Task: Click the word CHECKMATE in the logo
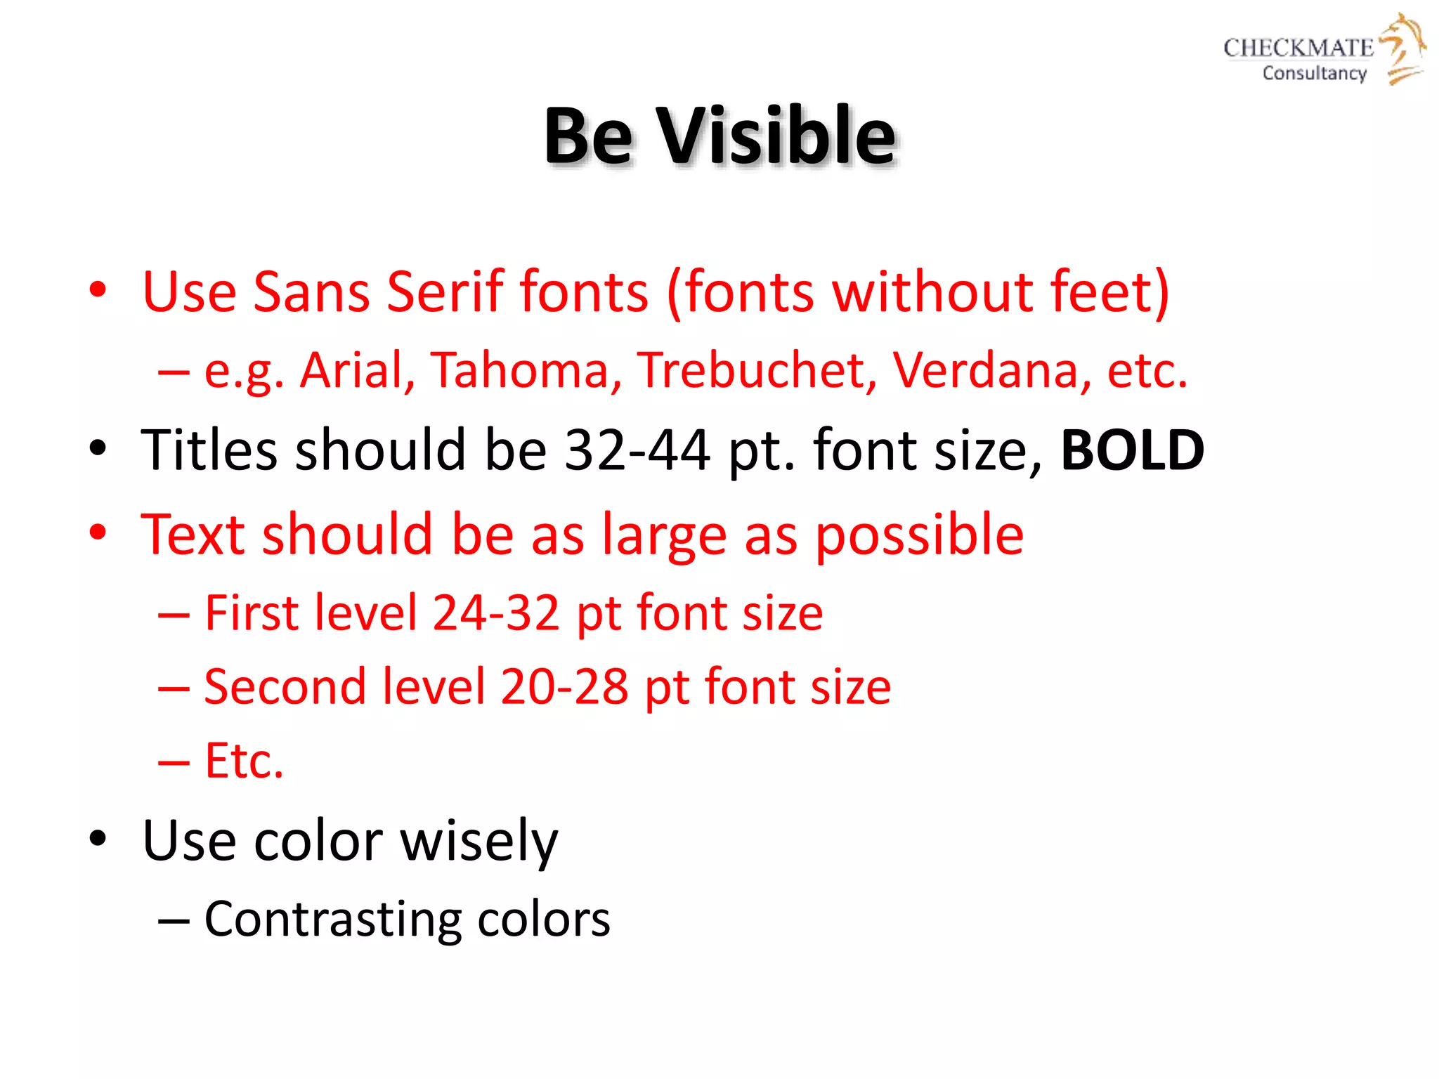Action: [x=1298, y=48]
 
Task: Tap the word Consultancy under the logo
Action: [x=1314, y=73]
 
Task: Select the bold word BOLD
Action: [x=1132, y=450]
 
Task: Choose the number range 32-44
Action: [x=637, y=450]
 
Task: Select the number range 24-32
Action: [x=496, y=613]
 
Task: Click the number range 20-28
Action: [x=564, y=687]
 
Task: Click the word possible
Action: [x=919, y=535]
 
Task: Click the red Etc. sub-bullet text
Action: [x=244, y=761]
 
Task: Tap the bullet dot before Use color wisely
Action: [x=98, y=837]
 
